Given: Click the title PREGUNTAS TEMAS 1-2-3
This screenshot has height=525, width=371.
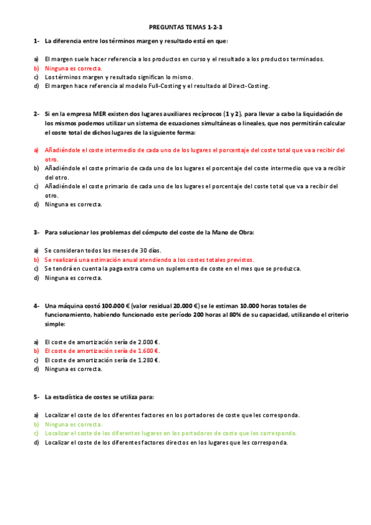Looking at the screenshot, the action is point(185,28).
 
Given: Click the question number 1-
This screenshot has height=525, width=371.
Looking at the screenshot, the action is point(37,41).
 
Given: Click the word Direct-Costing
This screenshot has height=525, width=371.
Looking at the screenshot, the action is point(250,86).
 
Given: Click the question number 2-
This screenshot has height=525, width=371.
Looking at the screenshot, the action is point(37,114).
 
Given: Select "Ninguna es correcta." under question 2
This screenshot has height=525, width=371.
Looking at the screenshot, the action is point(74,204).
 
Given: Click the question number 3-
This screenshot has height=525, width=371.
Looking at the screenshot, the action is point(37,232).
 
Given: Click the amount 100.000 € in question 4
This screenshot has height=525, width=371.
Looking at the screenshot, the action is point(115,305).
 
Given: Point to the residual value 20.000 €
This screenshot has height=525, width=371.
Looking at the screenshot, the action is point(185,305).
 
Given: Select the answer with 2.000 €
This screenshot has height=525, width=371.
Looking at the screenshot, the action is point(102,342).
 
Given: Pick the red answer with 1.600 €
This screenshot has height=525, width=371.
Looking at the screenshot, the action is point(102,350).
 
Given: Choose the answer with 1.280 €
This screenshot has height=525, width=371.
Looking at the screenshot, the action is point(102,360).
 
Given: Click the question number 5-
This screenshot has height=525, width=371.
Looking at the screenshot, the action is point(37,396).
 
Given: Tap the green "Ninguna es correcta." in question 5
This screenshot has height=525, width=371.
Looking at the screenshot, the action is point(74,424).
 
